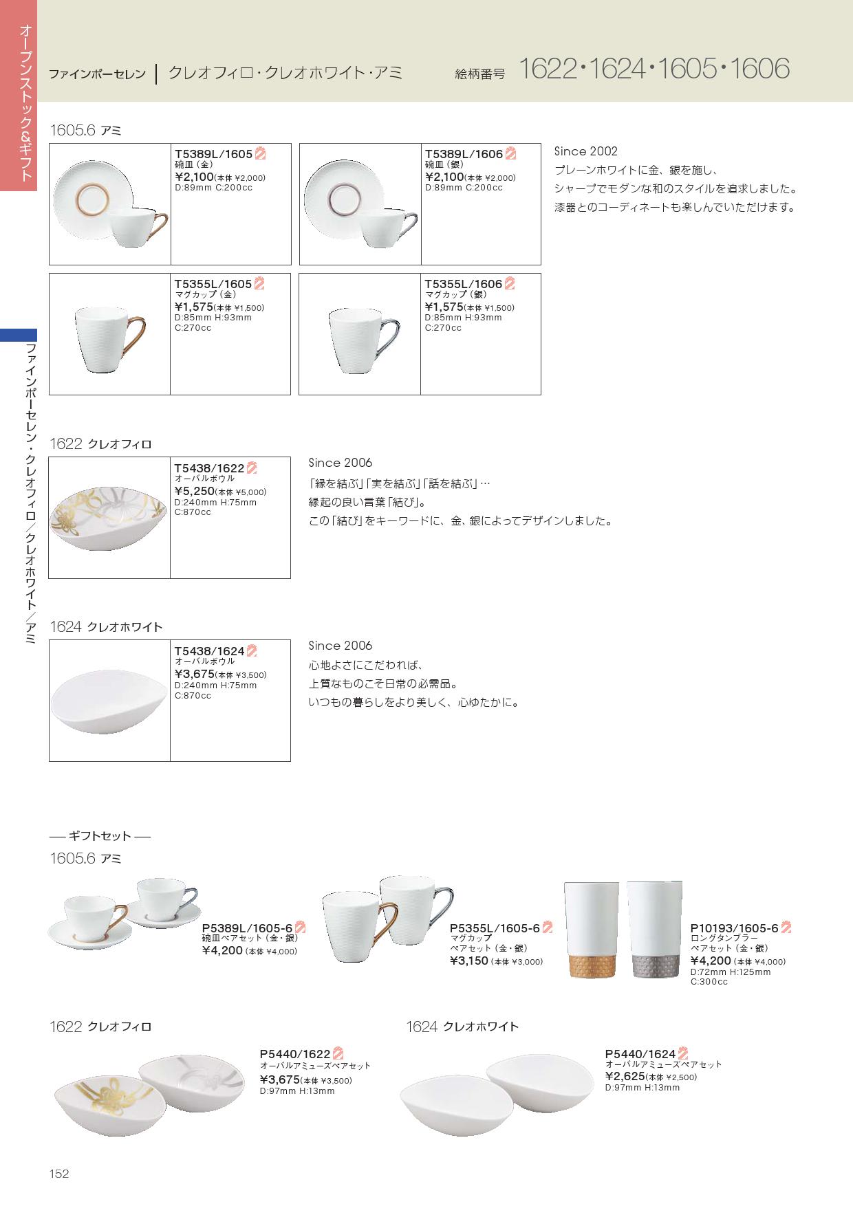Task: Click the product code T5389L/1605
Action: click(x=213, y=154)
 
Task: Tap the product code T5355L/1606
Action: click(x=464, y=284)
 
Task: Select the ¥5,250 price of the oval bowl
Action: click(x=195, y=491)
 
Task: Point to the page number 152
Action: click(x=60, y=1174)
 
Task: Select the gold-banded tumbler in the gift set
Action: click(x=594, y=930)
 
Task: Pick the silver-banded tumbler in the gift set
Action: click(x=655, y=930)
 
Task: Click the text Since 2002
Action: click(x=586, y=151)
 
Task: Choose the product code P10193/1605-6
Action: click(x=734, y=928)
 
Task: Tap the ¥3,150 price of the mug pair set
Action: click(x=468, y=961)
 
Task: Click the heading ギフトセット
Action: click(x=100, y=836)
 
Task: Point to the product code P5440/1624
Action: click(x=640, y=1054)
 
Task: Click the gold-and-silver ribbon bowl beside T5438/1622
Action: click(x=109, y=518)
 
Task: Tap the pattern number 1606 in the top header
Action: click(x=759, y=69)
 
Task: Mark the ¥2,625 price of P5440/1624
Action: click(x=625, y=1076)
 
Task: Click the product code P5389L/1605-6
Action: click(x=248, y=928)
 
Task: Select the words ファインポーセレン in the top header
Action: click(x=97, y=74)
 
